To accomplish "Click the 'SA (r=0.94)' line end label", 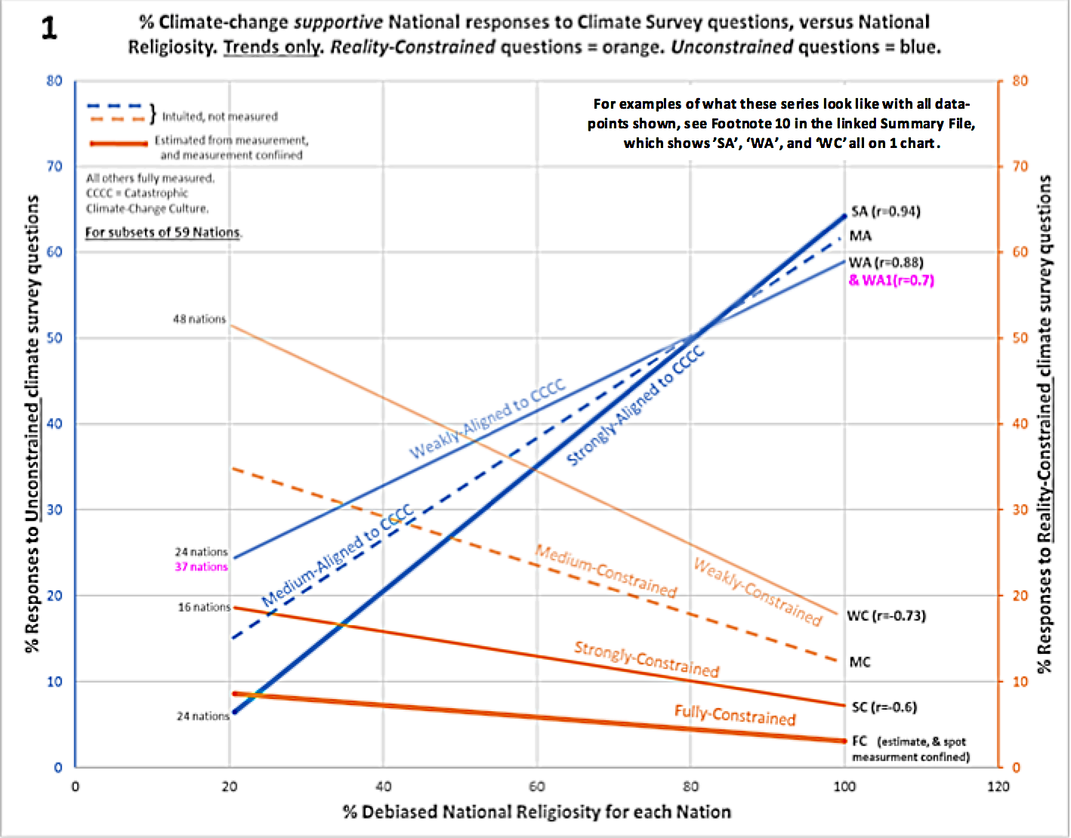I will click(885, 211).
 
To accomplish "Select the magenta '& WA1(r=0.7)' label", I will click(891, 280).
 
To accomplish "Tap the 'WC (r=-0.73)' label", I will click(886, 615).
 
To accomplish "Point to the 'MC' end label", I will click(860, 662).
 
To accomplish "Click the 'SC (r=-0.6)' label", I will click(884, 707).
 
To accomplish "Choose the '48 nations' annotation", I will click(199, 319).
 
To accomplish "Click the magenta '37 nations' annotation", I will click(201, 567).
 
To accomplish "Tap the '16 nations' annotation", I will click(204, 607).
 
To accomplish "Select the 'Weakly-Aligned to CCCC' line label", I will click(487, 420).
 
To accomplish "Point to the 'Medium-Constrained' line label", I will click(606, 571).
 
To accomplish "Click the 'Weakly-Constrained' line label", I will click(757, 592).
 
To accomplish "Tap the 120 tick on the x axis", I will click(998, 787).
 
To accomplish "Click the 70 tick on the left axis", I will click(54, 166).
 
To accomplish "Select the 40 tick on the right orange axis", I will click(1020, 424).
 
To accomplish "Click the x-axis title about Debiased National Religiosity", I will click(536, 812).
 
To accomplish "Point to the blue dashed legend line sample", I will click(115, 106).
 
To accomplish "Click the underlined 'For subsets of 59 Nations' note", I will click(163, 233).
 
